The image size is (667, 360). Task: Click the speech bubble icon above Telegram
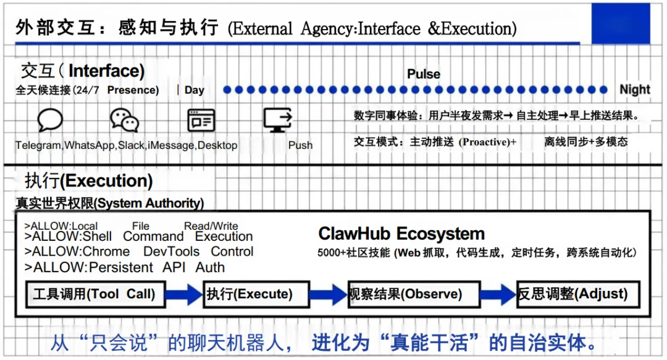(50, 120)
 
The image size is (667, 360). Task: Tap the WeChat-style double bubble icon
(125, 120)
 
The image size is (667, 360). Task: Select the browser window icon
(201, 120)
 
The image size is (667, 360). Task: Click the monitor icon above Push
(277, 119)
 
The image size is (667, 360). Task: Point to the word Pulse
(424, 74)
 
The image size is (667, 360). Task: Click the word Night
(635, 90)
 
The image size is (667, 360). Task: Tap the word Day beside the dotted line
(195, 90)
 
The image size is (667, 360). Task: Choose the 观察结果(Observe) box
(413, 294)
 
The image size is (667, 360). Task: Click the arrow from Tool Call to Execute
(184, 294)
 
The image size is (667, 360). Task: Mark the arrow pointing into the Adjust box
(498, 294)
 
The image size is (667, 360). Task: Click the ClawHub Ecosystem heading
(401, 234)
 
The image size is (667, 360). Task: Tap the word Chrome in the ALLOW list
(106, 252)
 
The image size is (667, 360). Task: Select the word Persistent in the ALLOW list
(121, 268)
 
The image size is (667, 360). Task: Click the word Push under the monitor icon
(300, 145)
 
